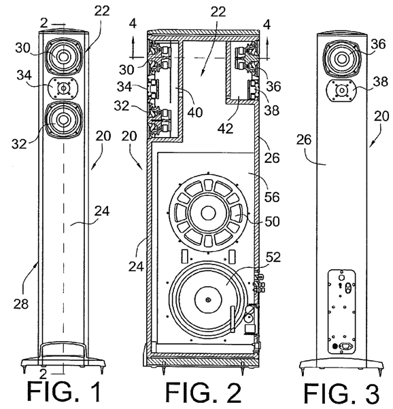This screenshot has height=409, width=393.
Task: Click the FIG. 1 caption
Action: click(x=65, y=392)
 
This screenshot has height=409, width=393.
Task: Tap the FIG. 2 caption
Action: click(x=204, y=393)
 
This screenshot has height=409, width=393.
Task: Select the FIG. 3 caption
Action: click(x=342, y=393)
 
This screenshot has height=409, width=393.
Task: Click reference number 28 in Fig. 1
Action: click(x=21, y=304)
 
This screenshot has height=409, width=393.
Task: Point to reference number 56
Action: click(x=272, y=197)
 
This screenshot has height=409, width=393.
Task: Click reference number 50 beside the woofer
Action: click(x=272, y=221)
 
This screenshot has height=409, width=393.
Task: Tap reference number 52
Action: click(x=273, y=257)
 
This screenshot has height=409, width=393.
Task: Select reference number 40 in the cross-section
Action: click(x=195, y=112)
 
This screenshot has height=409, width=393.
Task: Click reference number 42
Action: click(x=225, y=128)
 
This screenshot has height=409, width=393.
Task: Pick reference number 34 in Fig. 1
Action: click(x=24, y=75)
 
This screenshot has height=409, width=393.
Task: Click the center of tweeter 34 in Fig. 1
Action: click(x=63, y=88)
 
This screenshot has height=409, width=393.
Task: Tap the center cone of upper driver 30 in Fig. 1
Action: click(x=63, y=56)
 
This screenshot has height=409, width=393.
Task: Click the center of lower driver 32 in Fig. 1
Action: click(x=63, y=119)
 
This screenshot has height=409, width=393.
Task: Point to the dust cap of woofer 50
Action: click(x=208, y=213)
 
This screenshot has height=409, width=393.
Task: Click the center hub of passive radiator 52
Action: click(x=208, y=299)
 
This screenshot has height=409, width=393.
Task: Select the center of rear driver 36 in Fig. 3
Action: click(x=341, y=59)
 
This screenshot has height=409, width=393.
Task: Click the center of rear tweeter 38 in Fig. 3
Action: click(x=341, y=90)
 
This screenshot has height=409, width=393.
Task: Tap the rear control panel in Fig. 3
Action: click(x=342, y=311)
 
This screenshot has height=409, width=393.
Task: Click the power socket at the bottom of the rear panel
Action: click(x=345, y=347)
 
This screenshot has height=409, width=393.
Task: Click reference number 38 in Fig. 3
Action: click(x=381, y=81)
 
